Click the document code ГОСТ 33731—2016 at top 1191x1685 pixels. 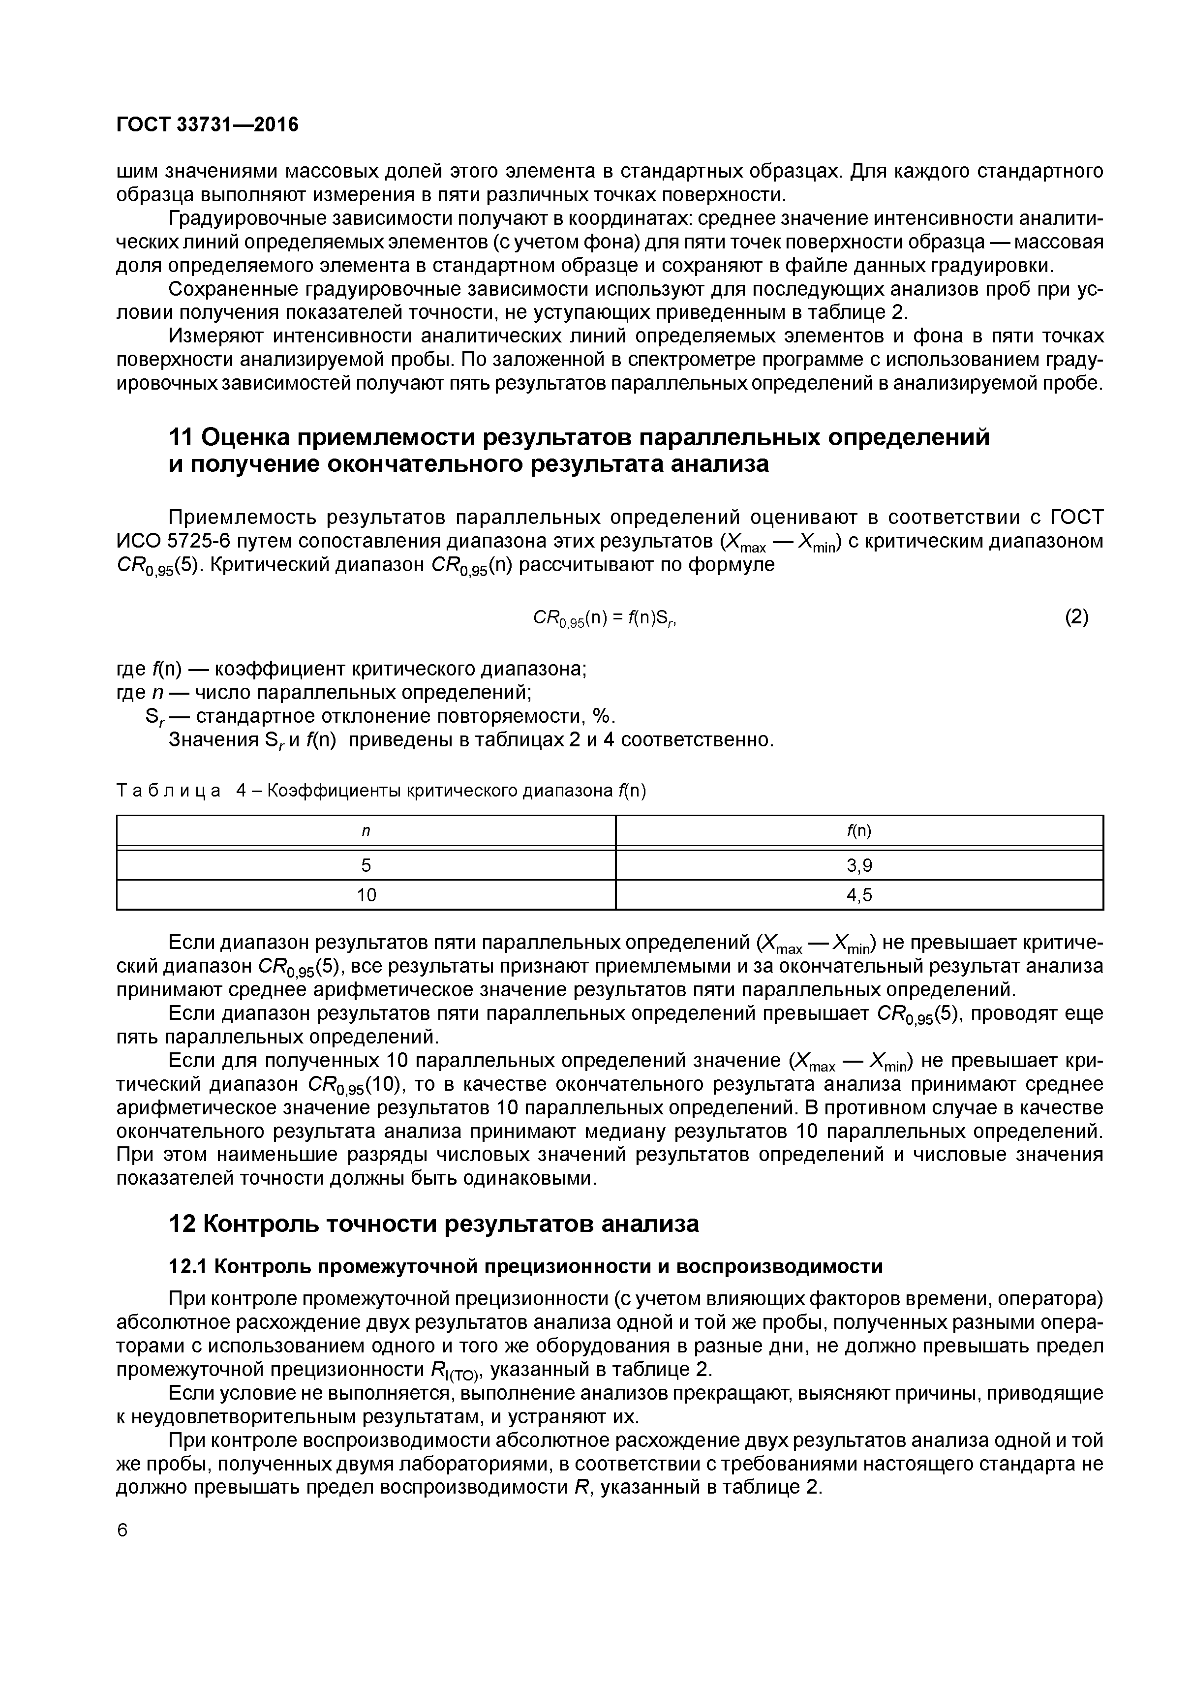click(208, 125)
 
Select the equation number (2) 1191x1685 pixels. click(1076, 617)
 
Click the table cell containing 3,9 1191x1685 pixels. click(859, 866)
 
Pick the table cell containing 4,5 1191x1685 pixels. click(859, 895)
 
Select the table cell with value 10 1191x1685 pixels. click(366, 895)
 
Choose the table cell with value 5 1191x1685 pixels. click(366, 866)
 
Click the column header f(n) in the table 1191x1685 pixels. click(859, 831)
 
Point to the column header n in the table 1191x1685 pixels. click(366, 831)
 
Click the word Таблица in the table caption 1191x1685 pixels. click(169, 791)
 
